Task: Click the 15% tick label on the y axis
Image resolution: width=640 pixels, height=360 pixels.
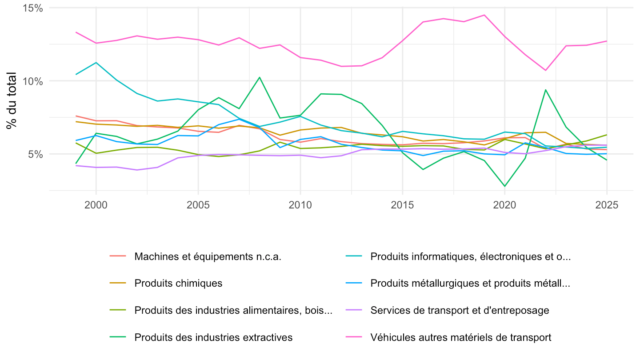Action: coord(32,8)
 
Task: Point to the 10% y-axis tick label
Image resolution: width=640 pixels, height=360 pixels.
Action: coord(32,81)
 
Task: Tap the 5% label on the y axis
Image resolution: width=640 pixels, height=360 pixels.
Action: coord(36,154)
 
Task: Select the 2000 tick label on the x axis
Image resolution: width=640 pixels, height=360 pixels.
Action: coord(96,205)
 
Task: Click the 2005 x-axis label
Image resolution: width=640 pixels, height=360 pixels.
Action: coord(198,205)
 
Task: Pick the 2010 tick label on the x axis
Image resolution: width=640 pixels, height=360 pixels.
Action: coord(300,205)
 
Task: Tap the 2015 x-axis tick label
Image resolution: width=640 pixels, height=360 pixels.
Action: coord(402,205)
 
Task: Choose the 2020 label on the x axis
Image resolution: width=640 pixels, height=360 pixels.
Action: coord(504,205)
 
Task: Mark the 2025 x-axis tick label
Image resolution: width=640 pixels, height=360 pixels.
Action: coord(607,205)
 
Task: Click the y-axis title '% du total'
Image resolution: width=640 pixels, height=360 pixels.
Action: coord(12,100)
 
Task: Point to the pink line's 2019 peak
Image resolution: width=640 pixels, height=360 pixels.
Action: coord(484,15)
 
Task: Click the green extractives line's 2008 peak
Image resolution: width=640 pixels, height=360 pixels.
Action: coord(260,77)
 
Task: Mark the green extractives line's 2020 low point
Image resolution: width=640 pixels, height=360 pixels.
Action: coord(505,186)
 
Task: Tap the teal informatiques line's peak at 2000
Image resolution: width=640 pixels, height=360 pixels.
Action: coord(96,63)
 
